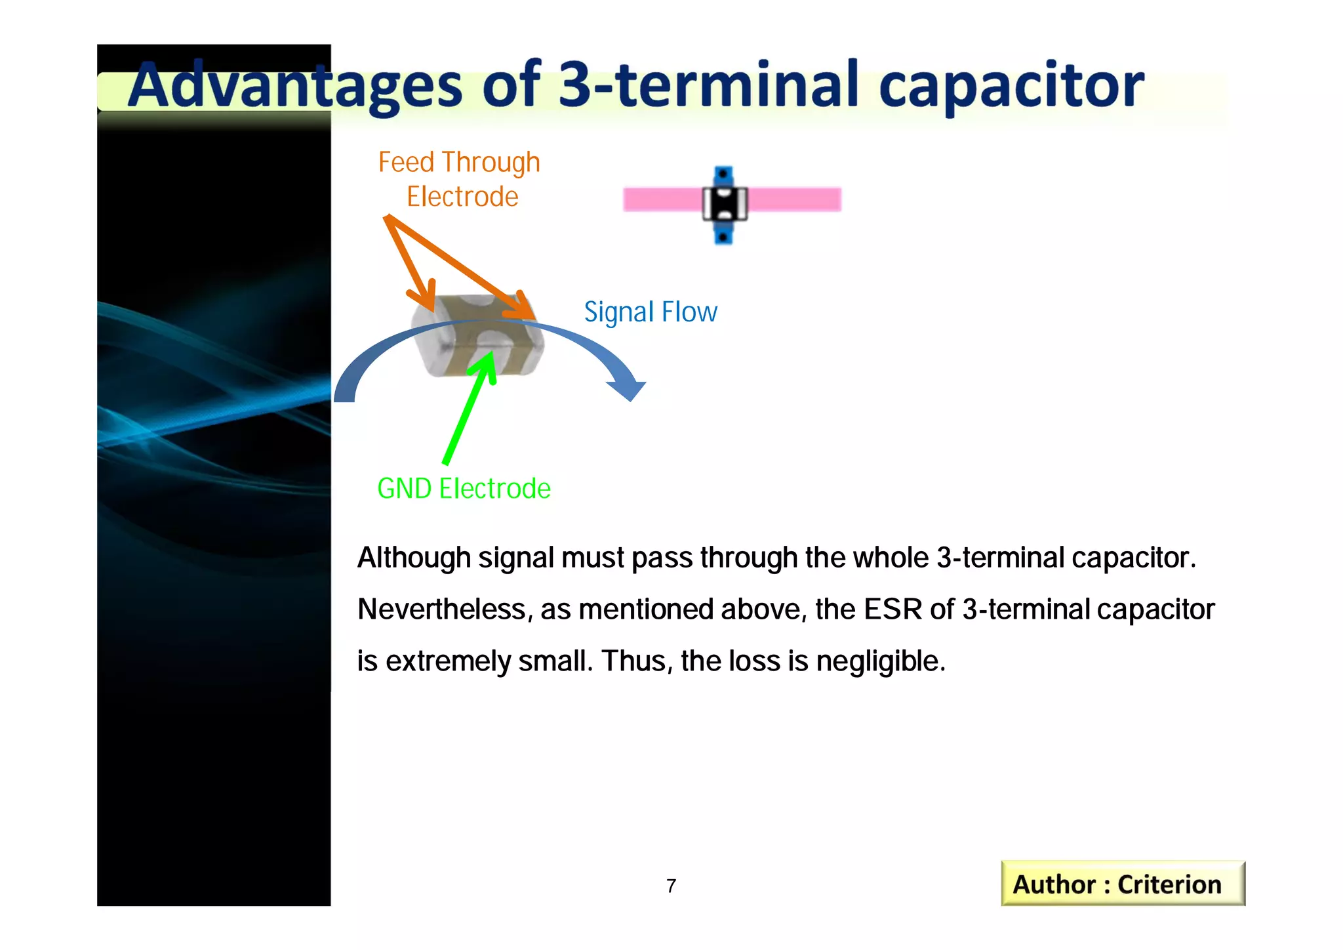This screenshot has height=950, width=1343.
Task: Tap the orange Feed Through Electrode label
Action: tap(459, 179)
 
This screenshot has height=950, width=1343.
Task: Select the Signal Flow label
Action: tap(650, 312)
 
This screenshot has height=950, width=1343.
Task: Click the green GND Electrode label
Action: tap(464, 489)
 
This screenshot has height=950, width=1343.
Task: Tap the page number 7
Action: tap(671, 886)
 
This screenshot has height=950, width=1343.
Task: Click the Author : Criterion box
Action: tap(1122, 884)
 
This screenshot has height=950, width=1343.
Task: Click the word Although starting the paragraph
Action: tap(413, 558)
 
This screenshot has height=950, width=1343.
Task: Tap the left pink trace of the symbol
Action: tap(661, 199)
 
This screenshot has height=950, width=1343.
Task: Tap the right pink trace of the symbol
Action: tap(795, 199)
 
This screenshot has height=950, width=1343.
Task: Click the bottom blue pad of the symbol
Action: tap(723, 234)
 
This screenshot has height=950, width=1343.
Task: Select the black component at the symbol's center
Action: tap(725, 204)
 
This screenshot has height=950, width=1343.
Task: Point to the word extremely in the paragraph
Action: tap(448, 661)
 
